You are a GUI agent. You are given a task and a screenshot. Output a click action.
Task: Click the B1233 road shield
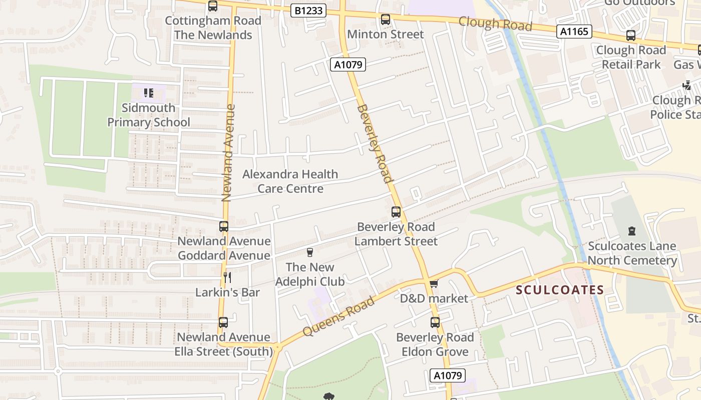click(x=308, y=10)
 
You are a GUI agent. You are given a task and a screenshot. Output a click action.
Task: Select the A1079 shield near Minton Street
click(x=348, y=64)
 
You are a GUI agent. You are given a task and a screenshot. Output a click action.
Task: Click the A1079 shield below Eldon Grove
click(x=448, y=375)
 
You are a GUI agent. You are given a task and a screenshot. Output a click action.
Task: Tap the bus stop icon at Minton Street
click(x=385, y=19)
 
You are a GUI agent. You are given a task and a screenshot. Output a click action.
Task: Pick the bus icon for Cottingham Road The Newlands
click(x=213, y=6)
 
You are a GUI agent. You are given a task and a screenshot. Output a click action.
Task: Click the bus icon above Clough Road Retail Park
click(x=630, y=35)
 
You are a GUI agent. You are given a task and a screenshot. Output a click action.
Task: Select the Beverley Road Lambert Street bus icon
click(x=396, y=212)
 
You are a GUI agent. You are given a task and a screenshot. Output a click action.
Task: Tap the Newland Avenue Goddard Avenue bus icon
click(x=223, y=226)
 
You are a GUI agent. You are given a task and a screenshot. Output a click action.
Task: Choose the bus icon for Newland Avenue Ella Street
click(x=223, y=322)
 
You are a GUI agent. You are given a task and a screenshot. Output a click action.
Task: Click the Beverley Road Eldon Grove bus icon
click(x=435, y=322)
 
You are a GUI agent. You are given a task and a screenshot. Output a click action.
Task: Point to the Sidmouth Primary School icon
click(x=148, y=92)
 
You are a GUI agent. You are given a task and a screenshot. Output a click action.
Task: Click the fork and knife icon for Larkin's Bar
click(x=227, y=277)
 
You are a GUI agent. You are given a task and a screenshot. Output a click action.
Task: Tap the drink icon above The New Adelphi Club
click(x=309, y=252)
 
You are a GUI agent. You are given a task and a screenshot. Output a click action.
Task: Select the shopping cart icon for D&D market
click(x=434, y=284)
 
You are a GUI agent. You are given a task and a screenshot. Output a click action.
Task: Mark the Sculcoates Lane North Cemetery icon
click(x=632, y=231)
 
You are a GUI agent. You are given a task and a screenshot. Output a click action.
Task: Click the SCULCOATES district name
click(x=560, y=290)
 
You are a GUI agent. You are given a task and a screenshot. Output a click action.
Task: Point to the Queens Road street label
click(x=338, y=316)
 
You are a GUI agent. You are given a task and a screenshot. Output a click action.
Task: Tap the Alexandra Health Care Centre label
click(x=290, y=181)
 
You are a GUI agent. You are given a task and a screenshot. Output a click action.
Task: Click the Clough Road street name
click(x=495, y=23)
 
